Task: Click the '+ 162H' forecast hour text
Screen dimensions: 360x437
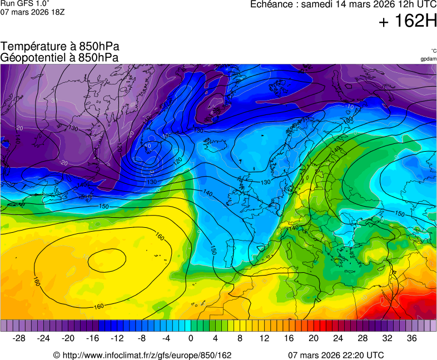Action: [x=408, y=22]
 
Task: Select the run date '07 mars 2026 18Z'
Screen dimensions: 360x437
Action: [x=32, y=12]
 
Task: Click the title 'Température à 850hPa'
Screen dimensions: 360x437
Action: [x=60, y=47]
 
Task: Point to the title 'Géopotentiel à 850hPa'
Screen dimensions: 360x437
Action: [x=59, y=57]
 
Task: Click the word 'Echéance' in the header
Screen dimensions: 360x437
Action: [x=272, y=4]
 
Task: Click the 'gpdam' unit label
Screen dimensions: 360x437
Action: [x=428, y=58]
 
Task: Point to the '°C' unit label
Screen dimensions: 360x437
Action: [x=433, y=51]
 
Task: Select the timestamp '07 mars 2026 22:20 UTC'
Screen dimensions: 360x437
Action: [x=336, y=355]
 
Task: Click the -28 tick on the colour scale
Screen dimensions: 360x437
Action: [x=19, y=338]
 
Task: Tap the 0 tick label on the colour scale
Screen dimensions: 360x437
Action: [x=191, y=338]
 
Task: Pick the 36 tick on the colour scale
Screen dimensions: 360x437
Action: [x=411, y=338]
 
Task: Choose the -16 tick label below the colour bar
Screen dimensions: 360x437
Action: [x=92, y=338]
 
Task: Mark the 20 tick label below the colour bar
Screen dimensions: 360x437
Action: [x=313, y=338]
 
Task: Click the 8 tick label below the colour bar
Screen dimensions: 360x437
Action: [x=240, y=338]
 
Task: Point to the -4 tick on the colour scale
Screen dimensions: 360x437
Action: [x=166, y=338]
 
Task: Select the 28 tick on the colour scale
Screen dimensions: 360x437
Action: [x=362, y=338]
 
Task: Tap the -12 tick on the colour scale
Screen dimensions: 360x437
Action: [x=117, y=338]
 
